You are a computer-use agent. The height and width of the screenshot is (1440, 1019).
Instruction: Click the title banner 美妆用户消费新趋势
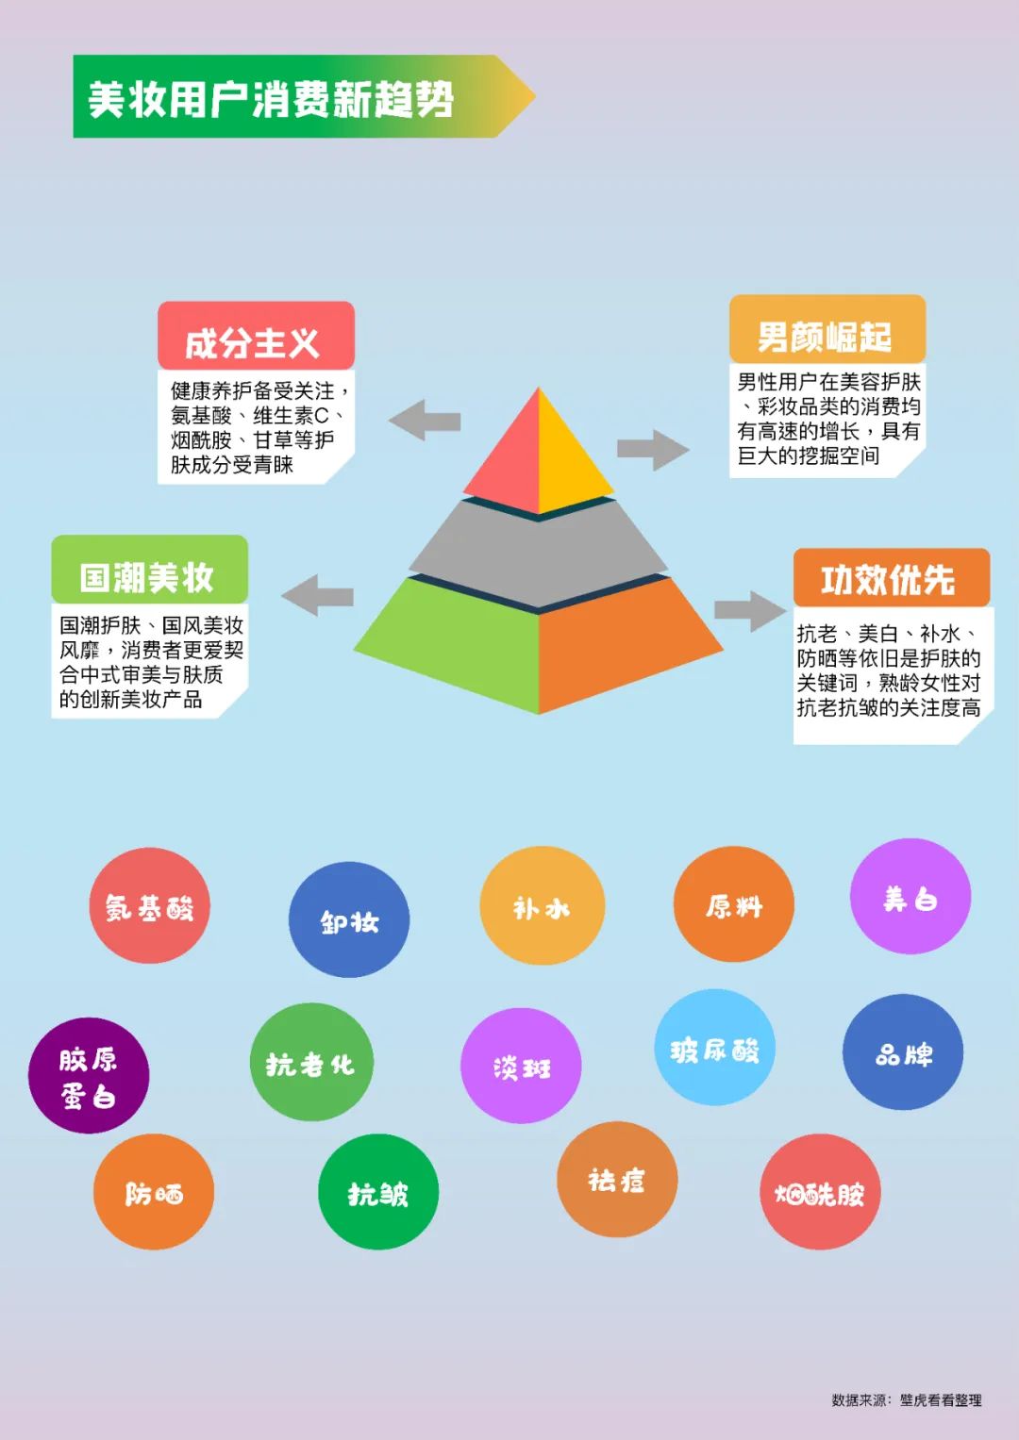(304, 96)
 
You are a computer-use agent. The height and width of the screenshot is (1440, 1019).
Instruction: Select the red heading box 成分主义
(256, 336)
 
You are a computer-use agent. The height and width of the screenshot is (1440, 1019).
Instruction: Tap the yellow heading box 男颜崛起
(827, 329)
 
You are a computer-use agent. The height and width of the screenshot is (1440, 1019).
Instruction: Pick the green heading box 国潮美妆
(149, 570)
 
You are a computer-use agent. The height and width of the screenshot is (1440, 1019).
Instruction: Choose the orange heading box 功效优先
(891, 577)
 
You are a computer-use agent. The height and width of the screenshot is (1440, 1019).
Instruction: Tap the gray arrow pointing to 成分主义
(425, 421)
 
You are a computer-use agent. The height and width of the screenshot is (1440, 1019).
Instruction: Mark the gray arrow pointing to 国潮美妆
(318, 595)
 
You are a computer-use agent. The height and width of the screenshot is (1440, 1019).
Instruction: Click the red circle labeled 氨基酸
(150, 905)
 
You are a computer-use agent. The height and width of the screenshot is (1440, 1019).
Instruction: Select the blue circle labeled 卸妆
(349, 919)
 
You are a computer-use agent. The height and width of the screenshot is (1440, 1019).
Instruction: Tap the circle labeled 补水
(542, 905)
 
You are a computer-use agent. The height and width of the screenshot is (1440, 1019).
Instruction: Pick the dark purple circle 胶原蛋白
(89, 1075)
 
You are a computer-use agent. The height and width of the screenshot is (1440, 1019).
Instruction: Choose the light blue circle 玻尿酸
(715, 1047)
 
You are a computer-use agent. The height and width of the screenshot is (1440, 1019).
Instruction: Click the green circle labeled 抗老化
(311, 1062)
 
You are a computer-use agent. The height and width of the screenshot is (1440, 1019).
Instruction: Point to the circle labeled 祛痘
(617, 1179)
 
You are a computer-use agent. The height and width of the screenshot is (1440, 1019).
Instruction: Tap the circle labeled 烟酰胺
(820, 1192)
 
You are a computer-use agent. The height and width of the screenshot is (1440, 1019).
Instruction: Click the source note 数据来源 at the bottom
(907, 1400)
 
